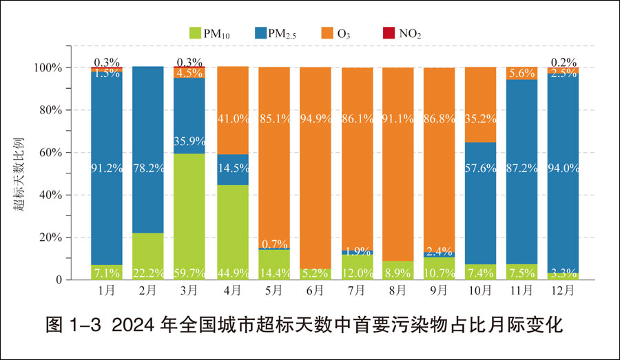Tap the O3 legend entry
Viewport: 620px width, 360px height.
click(344, 33)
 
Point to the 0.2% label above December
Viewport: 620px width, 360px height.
click(564, 61)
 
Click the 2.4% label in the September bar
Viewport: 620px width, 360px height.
click(439, 251)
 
